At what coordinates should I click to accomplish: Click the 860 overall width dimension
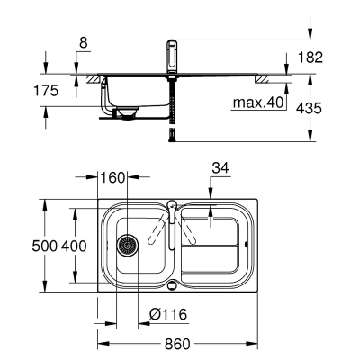[177, 344]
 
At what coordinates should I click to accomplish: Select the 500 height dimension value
[44, 247]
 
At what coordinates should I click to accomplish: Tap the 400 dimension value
[74, 247]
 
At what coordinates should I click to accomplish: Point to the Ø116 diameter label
[168, 314]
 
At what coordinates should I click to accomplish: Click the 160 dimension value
[112, 178]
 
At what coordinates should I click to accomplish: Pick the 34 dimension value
[220, 168]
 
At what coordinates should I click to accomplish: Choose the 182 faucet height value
[310, 58]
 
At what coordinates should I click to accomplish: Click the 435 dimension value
[309, 108]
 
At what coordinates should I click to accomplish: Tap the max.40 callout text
[258, 103]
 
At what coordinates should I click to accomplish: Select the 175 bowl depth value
[46, 91]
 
